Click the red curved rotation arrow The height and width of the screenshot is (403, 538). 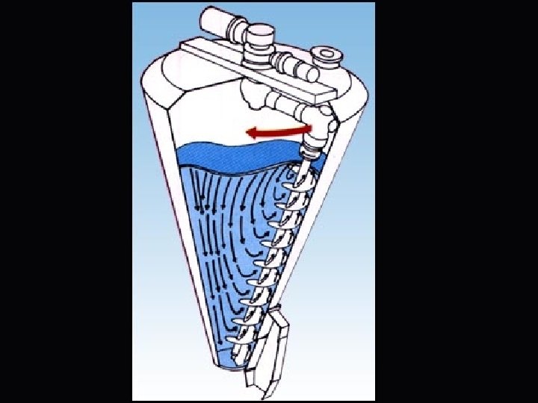tap(280, 132)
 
